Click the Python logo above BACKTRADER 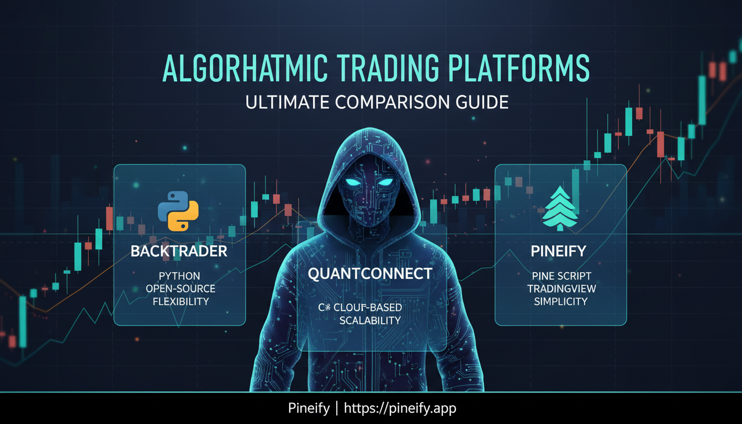click(178, 210)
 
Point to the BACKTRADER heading click(179, 252)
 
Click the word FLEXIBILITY click(181, 301)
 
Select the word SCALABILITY click(370, 321)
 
